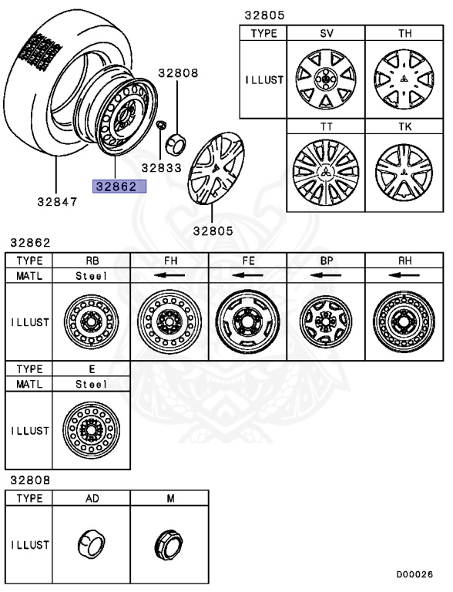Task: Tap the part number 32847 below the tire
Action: pos(57,203)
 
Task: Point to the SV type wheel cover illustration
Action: pos(325,79)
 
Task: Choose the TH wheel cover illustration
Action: pos(403,79)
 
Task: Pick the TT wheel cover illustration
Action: pos(325,171)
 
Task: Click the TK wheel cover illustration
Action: pos(403,171)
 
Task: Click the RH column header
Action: pos(404,260)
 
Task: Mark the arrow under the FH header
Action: pos(169,274)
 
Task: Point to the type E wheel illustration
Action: pos(90,428)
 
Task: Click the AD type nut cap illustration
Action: pos(90,544)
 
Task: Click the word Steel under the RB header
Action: pos(91,274)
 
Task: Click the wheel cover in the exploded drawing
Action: pos(216,170)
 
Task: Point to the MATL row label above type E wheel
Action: pos(28,383)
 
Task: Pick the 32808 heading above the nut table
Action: pos(29,479)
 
